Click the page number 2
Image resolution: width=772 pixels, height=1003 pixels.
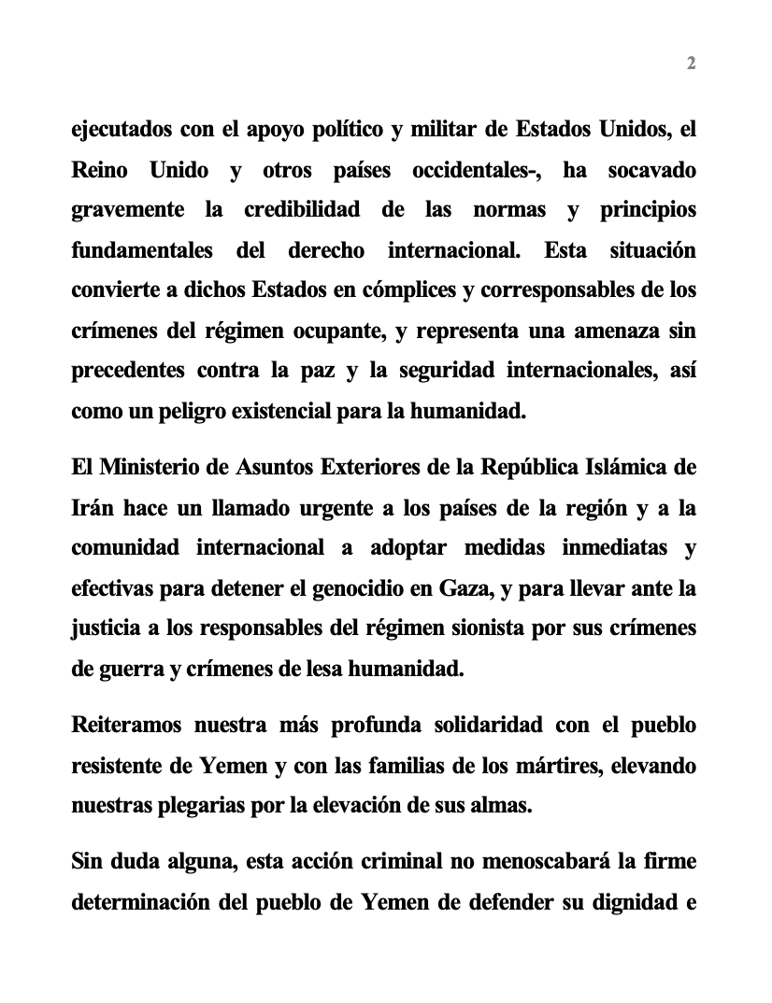pos(692,64)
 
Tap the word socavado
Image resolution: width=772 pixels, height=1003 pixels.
pos(651,171)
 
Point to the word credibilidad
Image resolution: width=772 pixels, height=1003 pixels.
pos(301,211)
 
